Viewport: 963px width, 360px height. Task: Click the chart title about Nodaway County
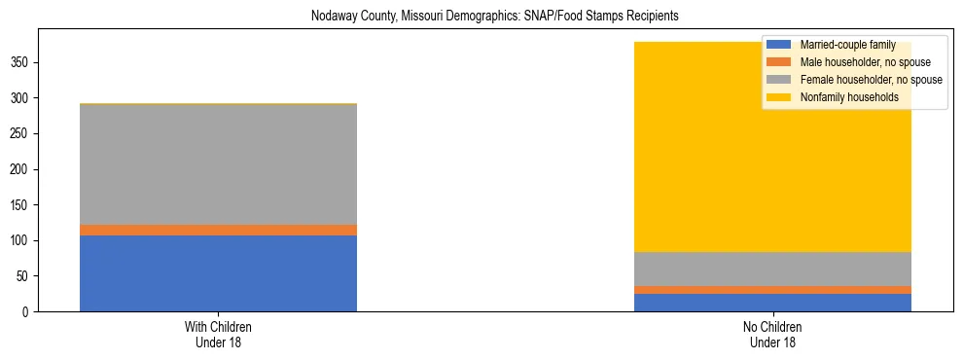click(494, 17)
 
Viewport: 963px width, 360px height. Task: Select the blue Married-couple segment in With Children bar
click(218, 273)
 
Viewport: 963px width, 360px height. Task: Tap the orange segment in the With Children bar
click(218, 230)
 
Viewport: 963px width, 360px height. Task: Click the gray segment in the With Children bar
click(218, 164)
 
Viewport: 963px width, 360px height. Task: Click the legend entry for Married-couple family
click(847, 45)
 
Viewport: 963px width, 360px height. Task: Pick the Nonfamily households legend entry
click(849, 97)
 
